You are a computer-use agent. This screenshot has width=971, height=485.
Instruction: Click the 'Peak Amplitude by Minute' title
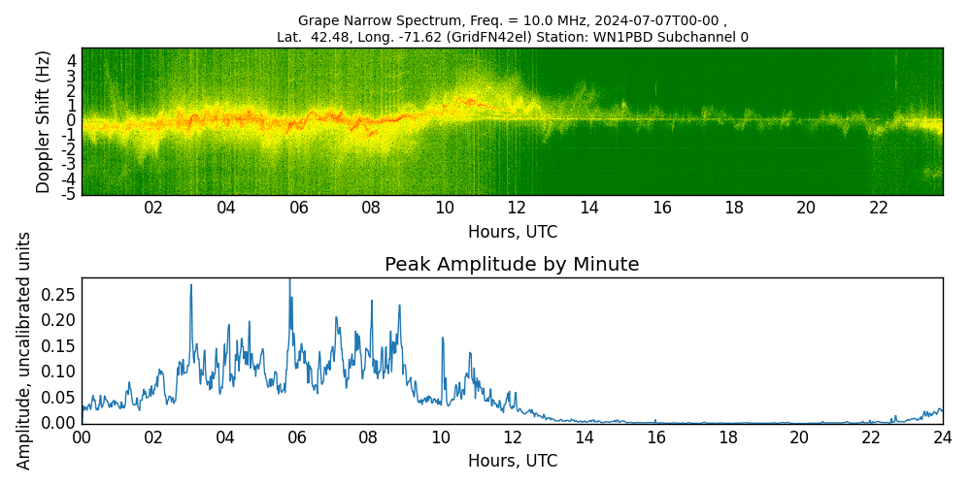coord(512,265)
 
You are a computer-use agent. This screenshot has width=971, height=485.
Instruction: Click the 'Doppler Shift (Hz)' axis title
coord(44,121)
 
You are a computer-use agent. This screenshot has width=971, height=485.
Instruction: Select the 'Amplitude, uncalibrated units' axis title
coord(24,350)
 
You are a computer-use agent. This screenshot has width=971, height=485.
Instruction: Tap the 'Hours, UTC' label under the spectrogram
coord(512,233)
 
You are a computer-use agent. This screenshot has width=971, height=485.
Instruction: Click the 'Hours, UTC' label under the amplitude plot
coord(512,461)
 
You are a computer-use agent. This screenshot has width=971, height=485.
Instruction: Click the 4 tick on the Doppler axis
coord(71,60)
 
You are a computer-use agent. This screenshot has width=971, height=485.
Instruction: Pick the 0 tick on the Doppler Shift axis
coord(71,120)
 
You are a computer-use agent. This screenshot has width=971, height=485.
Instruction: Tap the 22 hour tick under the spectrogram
coord(879,209)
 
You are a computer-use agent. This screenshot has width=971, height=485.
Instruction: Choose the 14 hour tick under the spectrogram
coord(588,209)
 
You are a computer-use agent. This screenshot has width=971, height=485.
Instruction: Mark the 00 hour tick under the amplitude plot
coord(82,437)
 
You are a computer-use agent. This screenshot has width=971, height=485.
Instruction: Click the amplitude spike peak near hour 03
coord(190,285)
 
